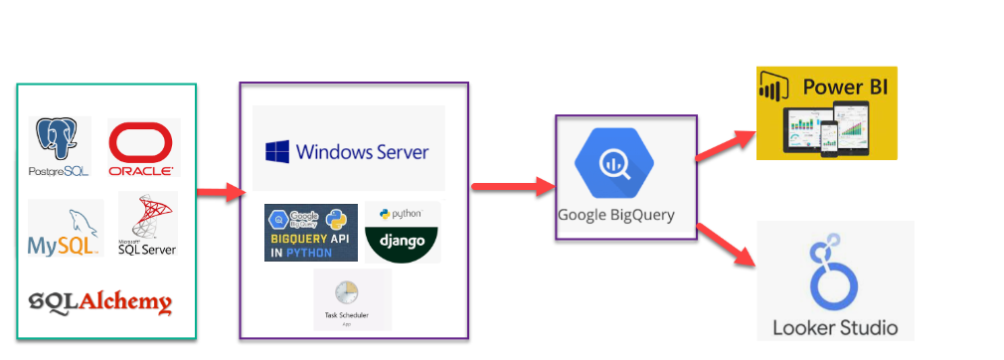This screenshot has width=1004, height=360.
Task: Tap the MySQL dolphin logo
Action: (65, 228)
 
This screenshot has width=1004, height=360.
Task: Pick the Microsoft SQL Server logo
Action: (147, 224)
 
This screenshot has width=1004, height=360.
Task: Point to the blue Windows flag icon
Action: (277, 151)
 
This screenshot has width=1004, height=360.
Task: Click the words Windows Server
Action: (363, 152)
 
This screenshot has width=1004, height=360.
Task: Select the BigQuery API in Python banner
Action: (311, 233)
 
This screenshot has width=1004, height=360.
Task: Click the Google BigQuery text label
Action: (615, 215)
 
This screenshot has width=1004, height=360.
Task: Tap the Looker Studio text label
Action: (835, 327)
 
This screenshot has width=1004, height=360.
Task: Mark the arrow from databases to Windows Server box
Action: (220, 192)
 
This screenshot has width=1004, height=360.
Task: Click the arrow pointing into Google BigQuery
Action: (511, 185)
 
